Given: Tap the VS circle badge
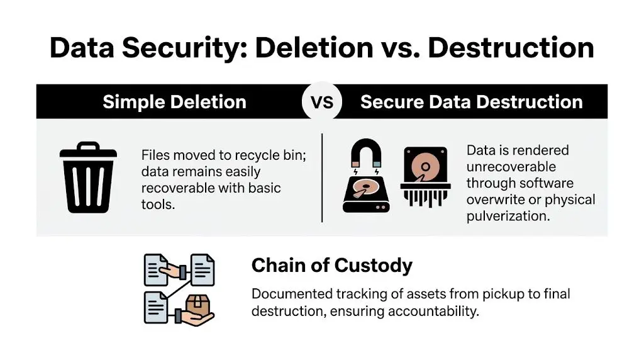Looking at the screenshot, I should coord(322,102).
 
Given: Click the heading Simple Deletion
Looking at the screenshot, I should coord(174,102).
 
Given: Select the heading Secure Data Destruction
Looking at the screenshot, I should coord(471,102).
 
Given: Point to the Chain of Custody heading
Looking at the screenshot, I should coord(331,266).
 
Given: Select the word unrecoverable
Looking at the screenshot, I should coord(511,167).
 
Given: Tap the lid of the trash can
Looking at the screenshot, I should coord(88,152).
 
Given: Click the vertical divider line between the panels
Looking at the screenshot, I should coord(322,177).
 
